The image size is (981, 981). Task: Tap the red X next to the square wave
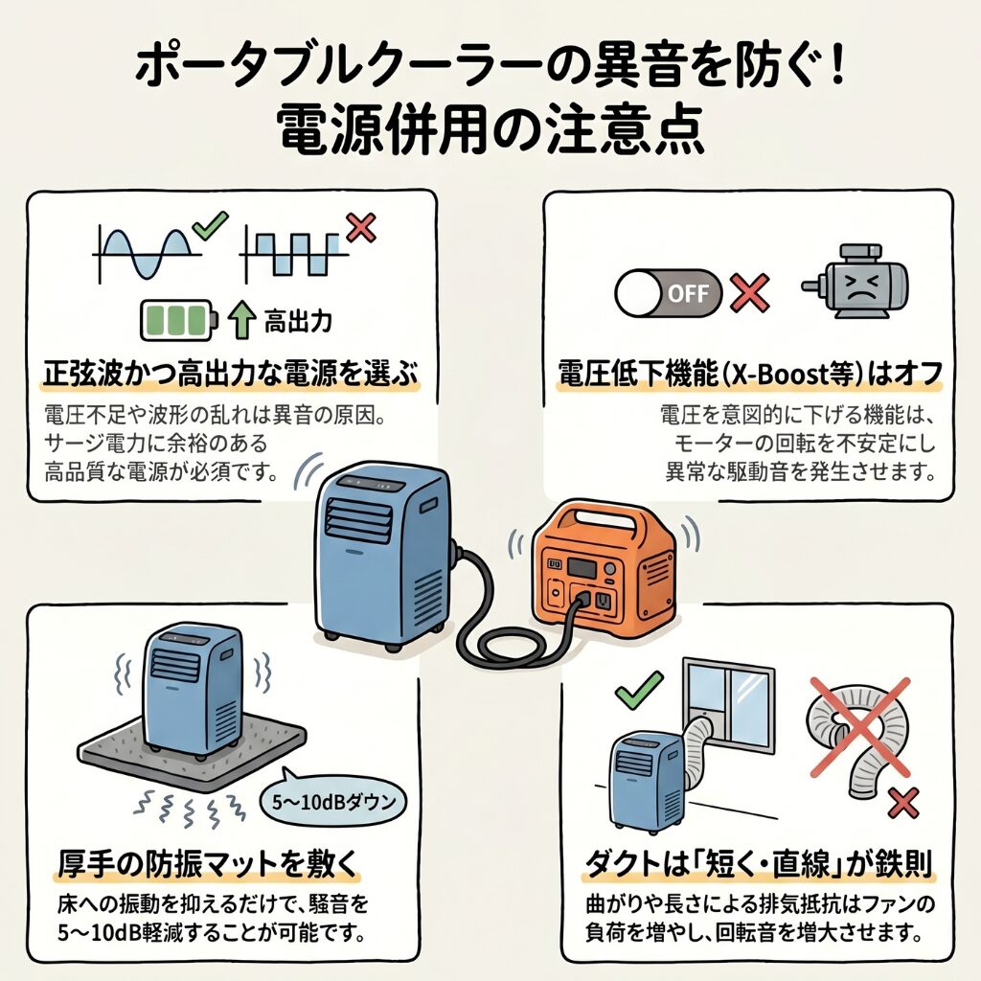tap(359, 228)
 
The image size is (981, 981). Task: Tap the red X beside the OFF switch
tap(751, 293)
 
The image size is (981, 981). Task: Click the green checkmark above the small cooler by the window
tap(640, 686)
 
